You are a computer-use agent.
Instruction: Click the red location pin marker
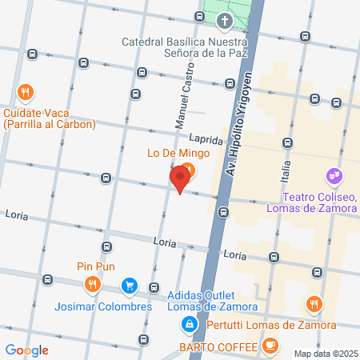coord(181,178)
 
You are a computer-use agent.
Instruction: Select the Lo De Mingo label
coord(156,152)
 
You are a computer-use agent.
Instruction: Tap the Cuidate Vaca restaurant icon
coord(26,92)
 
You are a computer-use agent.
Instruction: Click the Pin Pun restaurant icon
coord(93,283)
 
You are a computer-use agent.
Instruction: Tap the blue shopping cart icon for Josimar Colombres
coord(129,285)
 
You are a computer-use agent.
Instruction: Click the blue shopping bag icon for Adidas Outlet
coord(190,324)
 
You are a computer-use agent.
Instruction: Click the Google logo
coord(26,350)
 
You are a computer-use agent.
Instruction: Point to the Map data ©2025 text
coord(325,354)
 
